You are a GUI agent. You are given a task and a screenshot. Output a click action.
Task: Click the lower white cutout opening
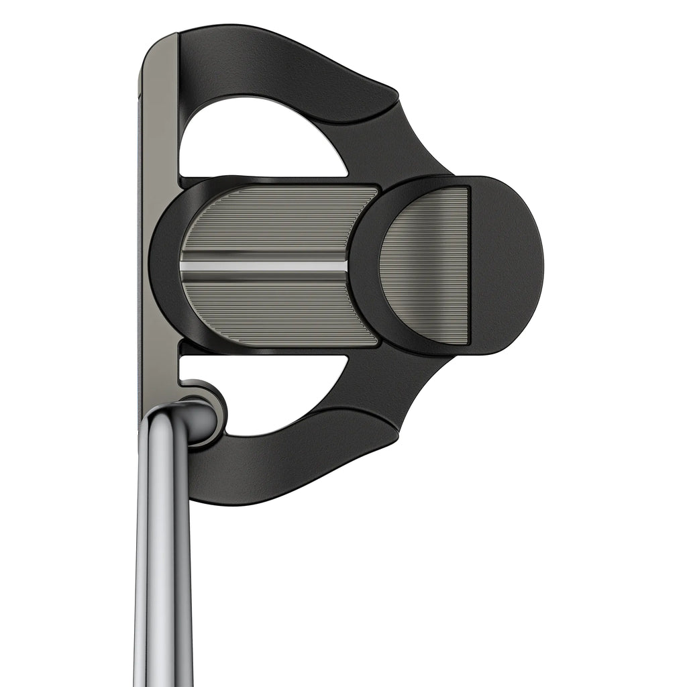pos(282,392)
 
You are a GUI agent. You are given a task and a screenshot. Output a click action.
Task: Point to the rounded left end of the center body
pos(164,265)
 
